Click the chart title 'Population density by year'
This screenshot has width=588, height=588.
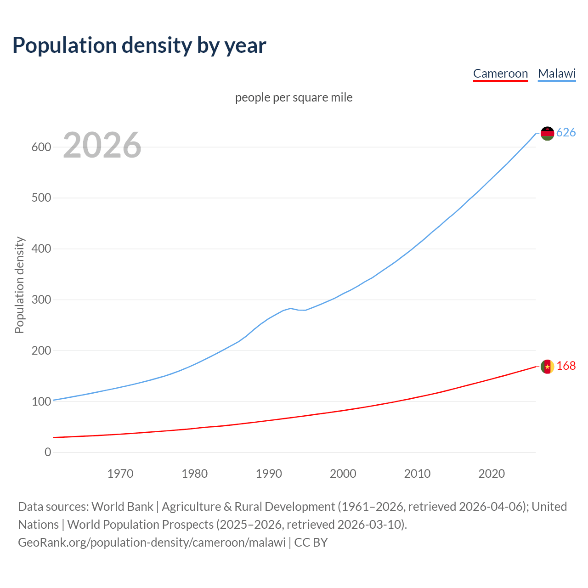pyautogui.click(x=139, y=45)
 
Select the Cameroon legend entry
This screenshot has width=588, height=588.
pyautogui.click(x=500, y=73)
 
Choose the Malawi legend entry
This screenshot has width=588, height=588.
pyautogui.click(x=557, y=73)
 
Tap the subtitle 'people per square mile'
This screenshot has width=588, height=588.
pyautogui.click(x=294, y=97)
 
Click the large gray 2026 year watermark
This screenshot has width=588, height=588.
pyautogui.click(x=102, y=145)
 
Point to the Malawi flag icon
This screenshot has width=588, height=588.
pyautogui.click(x=547, y=133)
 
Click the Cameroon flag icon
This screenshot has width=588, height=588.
pyautogui.click(x=547, y=367)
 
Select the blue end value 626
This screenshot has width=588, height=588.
pyautogui.click(x=566, y=133)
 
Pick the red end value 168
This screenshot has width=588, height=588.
pyautogui.click(x=566, y=366)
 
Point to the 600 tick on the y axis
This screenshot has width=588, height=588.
pyautogui.click(x=41, y=147)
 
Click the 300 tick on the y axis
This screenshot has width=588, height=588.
pyautogui.click(x=41, y=300)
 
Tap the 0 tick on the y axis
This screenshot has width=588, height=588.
pyautogui.click(x=48, y=452)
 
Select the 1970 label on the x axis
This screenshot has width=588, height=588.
pyautogui.click(x=120, y=474)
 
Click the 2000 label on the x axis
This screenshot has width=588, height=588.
pyautogui.click(x=343, y=474)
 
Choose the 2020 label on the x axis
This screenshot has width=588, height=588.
pyautogui.click(x=492, y=474)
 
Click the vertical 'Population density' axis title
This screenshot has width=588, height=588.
pyautogui.click(x=19, y=285)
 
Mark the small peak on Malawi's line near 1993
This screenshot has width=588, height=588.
pyautogui.click(x=290, y=308)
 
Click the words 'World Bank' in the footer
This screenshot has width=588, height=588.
pyautogui.click(x=122, y=507)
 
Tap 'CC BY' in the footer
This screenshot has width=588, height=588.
pyautogui.click(x=311, y=543)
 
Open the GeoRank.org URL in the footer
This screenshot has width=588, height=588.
pyautogui.click(x=152, y=543)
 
